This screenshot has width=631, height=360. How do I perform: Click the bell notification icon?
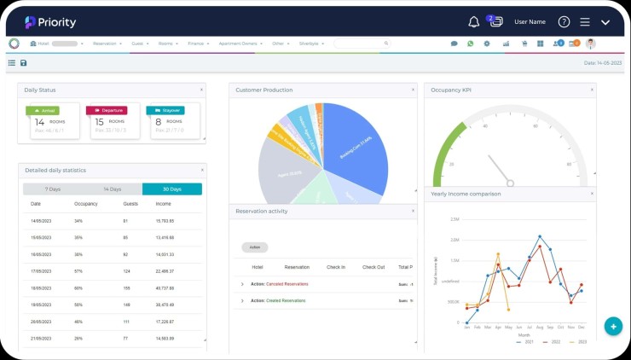474,22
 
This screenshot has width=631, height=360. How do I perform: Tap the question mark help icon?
564,22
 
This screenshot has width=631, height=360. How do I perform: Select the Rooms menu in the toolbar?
166,44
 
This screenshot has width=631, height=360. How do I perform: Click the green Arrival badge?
43,110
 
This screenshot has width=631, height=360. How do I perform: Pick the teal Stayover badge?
165,110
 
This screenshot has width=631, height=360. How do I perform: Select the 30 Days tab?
171,189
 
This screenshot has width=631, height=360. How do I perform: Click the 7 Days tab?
52,189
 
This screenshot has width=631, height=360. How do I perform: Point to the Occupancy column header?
85,204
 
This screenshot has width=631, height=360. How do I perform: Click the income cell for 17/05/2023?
165,271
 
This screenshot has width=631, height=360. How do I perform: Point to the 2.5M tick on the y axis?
454,218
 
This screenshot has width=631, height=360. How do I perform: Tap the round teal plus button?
612,326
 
